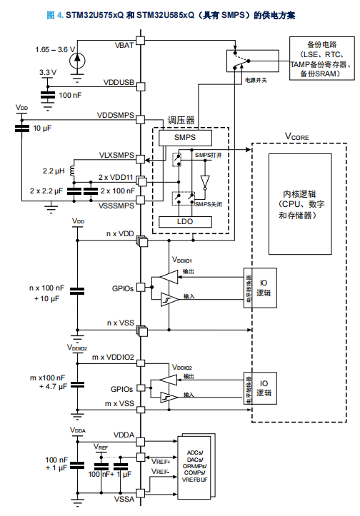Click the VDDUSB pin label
[x=119, y=83]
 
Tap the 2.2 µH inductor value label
[x=55, y=171]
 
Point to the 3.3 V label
[x=47, y=72]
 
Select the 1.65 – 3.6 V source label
[x=51, y=49]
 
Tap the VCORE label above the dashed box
[x=297, y=136]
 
